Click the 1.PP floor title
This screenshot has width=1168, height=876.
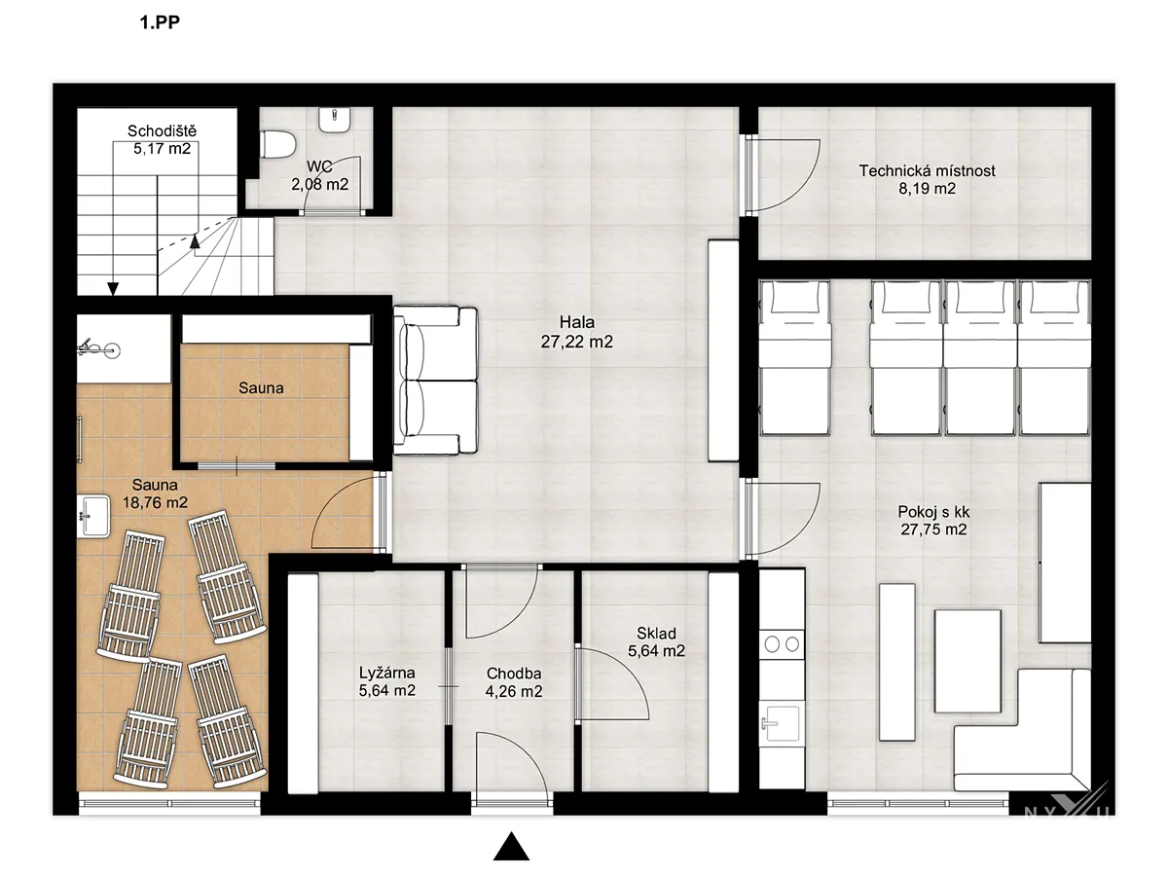(160, 22)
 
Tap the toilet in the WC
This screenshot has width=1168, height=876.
(278, 145)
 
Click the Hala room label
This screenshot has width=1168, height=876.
(577, 332)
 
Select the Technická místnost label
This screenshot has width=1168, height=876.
(927, 179)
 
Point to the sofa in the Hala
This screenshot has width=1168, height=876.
(435, 381)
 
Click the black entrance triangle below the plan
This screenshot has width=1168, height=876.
(511, 847)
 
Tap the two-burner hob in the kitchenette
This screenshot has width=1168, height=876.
(782, 644)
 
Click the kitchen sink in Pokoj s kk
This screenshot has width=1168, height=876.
(782, 722)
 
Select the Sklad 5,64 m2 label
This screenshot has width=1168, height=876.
(656, 642)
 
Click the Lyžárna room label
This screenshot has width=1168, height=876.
(386, 681)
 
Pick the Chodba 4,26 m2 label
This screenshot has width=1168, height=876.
(514, 682)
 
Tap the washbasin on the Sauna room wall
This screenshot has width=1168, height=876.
(93, 516)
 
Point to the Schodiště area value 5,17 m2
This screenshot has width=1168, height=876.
(162, 148)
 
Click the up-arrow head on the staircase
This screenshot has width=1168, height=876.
(195, 241)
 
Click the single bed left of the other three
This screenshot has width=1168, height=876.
(795, 357)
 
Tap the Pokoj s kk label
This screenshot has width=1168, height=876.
(933, 521)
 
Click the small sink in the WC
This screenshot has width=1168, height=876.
(334, 120)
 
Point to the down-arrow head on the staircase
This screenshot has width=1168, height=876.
(113, 289)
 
